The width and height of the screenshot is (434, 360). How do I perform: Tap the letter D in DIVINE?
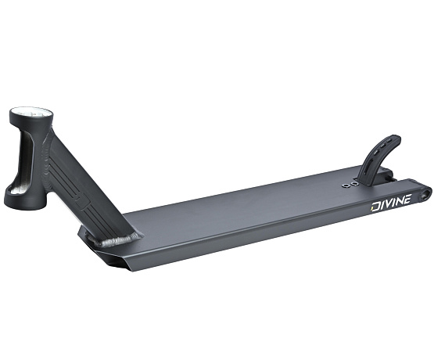375,210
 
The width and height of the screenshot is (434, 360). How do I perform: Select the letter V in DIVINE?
391,207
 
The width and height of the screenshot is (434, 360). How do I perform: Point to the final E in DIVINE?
411,203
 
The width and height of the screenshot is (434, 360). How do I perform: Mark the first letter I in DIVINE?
383,208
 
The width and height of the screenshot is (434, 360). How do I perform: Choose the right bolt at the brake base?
356,184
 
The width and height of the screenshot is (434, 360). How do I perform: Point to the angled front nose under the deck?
109,255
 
